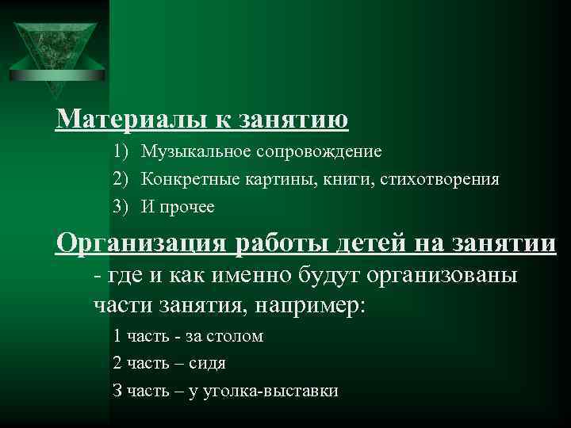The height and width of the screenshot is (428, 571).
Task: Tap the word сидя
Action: pos(208,363)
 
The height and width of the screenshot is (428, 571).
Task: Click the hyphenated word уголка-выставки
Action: pos(270,391)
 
